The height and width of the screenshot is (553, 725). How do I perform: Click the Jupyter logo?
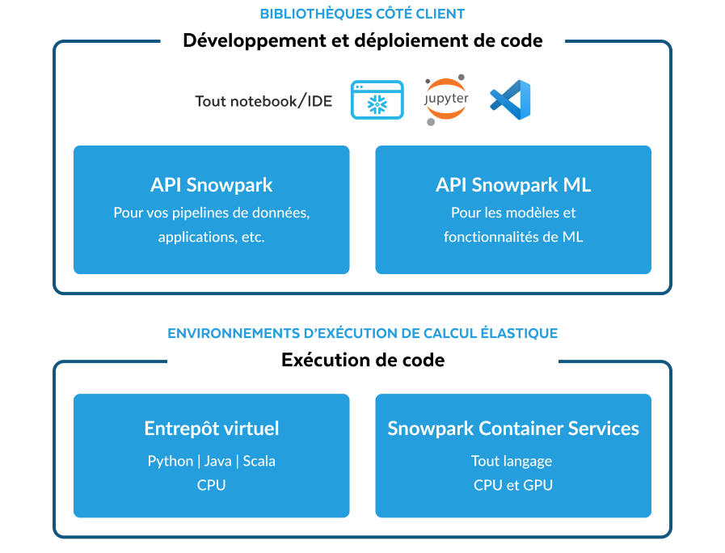[446, 101]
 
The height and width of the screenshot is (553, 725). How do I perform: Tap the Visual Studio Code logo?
[510, 100]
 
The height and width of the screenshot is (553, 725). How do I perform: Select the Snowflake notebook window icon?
[377, 100]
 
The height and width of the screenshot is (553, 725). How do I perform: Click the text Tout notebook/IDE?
[263, 101]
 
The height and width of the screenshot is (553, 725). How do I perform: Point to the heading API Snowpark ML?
[513, 185]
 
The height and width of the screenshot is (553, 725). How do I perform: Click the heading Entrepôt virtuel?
[212, 428]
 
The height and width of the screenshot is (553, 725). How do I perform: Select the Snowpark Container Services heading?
[513, 428]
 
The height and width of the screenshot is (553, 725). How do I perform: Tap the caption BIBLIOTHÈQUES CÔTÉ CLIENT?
[362, 14]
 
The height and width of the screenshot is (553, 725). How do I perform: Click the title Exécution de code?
[363, 360]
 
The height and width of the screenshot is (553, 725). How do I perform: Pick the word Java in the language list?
[218, 461]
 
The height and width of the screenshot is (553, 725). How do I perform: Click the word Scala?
[259, 461]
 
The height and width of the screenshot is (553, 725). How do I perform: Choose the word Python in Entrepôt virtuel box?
[170, 461]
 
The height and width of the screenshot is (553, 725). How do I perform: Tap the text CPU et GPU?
[513, 485]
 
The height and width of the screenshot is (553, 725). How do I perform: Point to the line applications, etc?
[212, 238]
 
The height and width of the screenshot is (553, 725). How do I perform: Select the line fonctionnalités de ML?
[513, 238]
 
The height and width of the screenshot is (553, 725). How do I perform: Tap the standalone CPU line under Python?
[212, 485]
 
